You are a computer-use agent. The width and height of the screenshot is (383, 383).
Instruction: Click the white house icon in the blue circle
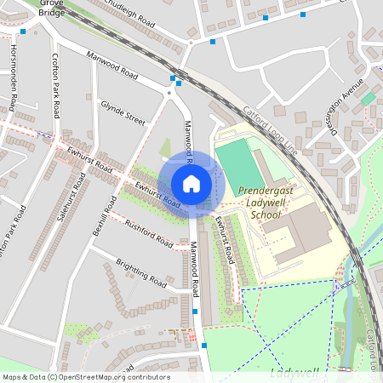point(191,184)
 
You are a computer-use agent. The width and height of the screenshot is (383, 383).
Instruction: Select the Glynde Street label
point(123,113)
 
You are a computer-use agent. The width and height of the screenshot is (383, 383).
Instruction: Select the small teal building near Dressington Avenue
point(368,99)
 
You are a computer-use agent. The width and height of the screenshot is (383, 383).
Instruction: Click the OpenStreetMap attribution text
point(85,377)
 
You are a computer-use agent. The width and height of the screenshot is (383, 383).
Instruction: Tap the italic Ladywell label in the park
point(293,373)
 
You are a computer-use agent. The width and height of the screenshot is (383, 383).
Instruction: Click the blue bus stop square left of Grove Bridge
point(22,31)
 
